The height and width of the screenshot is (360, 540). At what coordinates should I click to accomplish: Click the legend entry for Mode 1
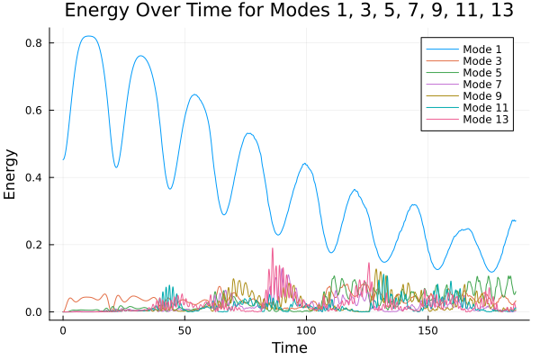[x=482, y=49]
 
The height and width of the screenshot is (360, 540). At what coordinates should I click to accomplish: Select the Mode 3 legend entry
[x=482, y=60]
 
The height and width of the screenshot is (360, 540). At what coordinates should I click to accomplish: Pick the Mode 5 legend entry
[x=482, y=72]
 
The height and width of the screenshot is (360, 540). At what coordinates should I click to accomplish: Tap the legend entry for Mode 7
[x=482, y=84]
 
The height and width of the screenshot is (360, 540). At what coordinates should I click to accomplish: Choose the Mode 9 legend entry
[x=482, y=95]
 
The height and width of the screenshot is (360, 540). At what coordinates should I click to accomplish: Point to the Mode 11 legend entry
[x=485, y=107]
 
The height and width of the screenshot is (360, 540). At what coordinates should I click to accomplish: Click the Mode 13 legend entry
[x=485, y=119]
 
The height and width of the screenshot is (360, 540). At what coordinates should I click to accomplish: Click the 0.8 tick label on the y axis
[x=32, y=43]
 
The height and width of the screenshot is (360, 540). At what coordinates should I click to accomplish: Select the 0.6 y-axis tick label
[x=32, y=111]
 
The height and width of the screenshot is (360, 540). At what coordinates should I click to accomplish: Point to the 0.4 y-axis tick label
[x=32, y=177]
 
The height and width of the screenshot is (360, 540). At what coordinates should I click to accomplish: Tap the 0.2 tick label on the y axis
[x=32, y=245]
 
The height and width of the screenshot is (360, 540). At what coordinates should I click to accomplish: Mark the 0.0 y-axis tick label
[x=32, y=312]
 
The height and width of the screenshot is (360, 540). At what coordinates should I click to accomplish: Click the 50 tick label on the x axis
[x=184, y=330]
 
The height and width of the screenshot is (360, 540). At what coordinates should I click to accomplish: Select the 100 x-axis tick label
[x=306, y=330]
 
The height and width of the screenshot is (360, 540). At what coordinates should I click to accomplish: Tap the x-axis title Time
[x=290, y=347]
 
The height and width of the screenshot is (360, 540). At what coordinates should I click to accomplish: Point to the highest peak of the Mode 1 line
[x=87, y=37]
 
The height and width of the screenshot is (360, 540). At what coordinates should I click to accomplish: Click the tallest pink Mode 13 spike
[x=272, y=249]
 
